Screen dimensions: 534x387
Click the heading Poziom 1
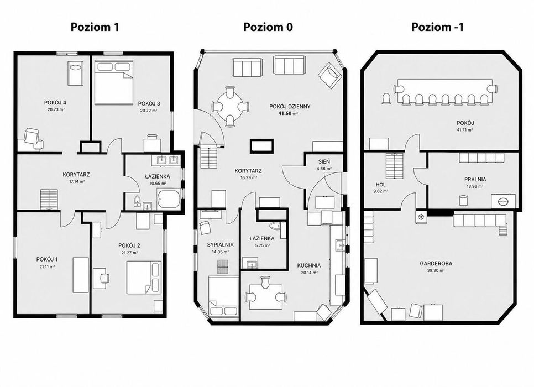(95, 27)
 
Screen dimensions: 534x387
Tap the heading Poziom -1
(437, 27)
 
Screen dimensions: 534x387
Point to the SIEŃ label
(324, 162)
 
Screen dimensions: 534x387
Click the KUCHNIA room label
(309, 265)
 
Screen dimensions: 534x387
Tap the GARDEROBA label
(436, 263)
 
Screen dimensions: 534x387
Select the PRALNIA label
(475, 179)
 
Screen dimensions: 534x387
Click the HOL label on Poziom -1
(380, 185)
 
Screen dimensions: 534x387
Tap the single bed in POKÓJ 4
(75, 73)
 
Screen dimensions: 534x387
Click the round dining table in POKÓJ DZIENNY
(230, 107)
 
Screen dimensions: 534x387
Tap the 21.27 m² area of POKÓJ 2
(129, 253)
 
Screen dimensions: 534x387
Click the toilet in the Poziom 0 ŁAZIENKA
(275, 226)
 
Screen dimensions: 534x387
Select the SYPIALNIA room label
(221, 244)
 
